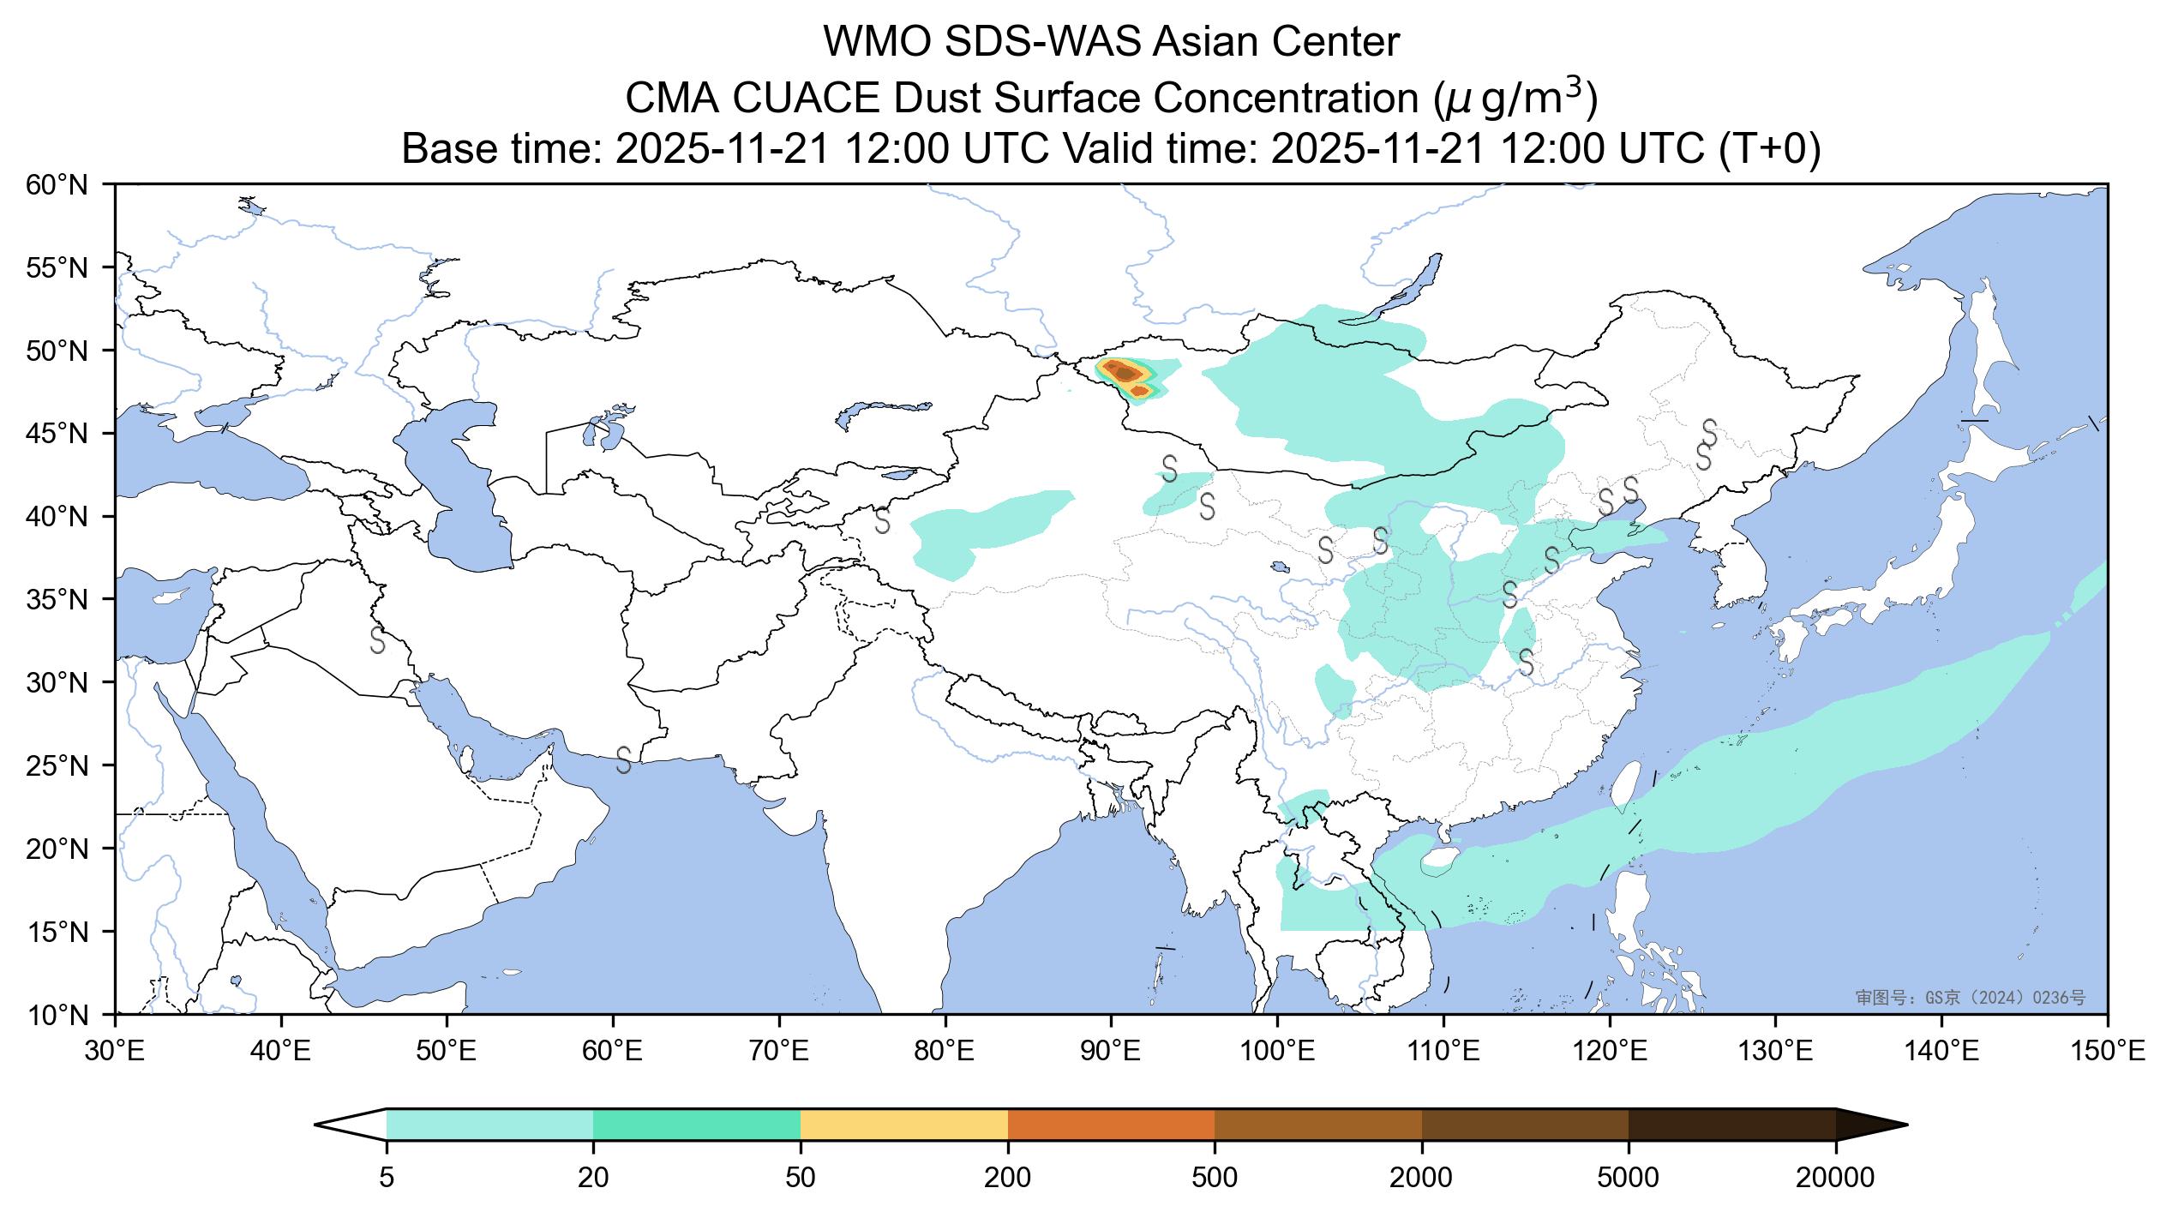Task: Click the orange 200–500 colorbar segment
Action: click(x=1111, y=1125)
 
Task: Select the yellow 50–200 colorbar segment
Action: click(x=903, y=1125)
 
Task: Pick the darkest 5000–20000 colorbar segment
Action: click(x=1731, y=1125)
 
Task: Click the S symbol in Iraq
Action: click(x=377, y=639)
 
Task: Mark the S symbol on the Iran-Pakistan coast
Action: click(x=624, y=759)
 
